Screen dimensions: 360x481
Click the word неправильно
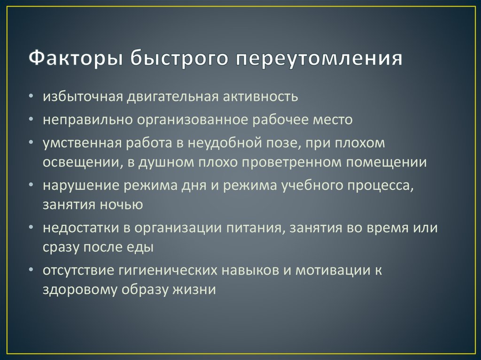(87, 120)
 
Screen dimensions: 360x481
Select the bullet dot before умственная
(31, 142)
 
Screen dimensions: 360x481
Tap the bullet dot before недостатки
(31, 228)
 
